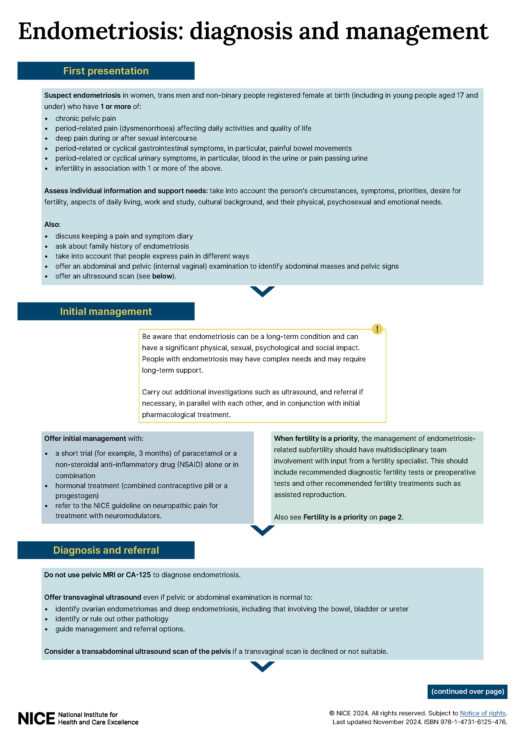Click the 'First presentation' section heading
tap(106, 71)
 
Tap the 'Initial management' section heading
tap(106, 311)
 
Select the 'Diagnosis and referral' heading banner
tap(106, 550)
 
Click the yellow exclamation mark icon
tap(377, 329)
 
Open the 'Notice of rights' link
tap(483, 713)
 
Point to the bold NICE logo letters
tap(36, 719)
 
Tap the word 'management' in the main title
tap(417, 31)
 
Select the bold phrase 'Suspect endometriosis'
tap(82, 95)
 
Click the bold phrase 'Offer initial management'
tap(85, 438)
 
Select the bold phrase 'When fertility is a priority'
tap(316, 438)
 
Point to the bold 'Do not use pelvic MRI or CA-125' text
tap(97, 575)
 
